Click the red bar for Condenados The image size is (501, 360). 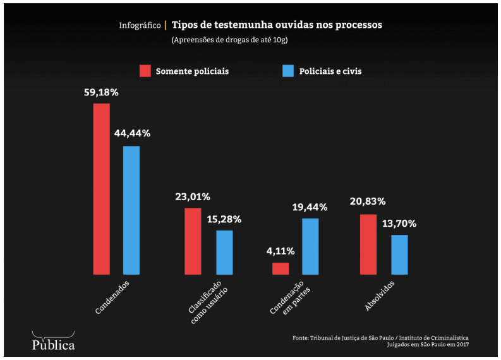point(102,189)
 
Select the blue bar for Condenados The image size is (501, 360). point(131,210)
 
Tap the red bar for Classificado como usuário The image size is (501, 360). point(193,241)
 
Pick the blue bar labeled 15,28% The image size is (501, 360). point(224,253)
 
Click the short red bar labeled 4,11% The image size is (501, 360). point(281,268)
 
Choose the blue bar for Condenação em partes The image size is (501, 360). point(310,246)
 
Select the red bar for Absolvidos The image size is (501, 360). point(368,244)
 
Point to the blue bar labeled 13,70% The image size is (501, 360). point(399,255)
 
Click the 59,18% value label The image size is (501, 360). point(101,92)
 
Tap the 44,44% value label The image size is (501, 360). point(132,134)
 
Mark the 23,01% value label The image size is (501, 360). point(193,196)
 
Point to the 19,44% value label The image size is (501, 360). point(310,207)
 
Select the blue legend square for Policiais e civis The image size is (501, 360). point(288,71)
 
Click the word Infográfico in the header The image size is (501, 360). point(140,26)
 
